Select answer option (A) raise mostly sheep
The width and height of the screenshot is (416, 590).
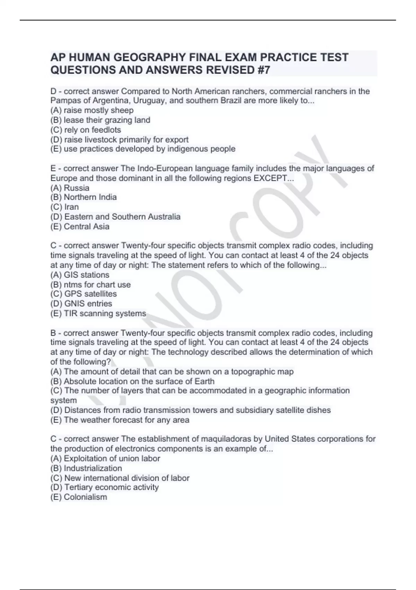click(x=92, y=110)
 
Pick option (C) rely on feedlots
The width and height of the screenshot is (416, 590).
click(x=86, y=130)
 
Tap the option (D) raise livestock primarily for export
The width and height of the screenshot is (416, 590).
click(x=119, y=140)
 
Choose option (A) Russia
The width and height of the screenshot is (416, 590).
click(x=70, y=188)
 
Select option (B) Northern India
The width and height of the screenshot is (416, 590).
click(x=84, y=197)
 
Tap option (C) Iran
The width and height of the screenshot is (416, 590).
click(x=64, y=207)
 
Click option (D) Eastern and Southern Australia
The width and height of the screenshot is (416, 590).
click(x=115, y=217)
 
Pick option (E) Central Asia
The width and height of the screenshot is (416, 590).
click(x=80, y=226)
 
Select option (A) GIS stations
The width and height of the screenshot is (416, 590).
click(x=80, y=275)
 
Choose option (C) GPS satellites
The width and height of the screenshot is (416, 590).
click(x=84, y=294)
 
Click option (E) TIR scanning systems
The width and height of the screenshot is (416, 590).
click(x=98, y=313)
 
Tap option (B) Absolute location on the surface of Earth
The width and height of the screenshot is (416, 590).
click(x=132, y=381)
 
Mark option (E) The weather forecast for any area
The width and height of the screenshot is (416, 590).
click(x=120, y=420)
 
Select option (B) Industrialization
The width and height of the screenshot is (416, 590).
click(x=86, y=468)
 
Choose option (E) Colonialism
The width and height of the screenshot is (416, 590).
click(x=79, y=497)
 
